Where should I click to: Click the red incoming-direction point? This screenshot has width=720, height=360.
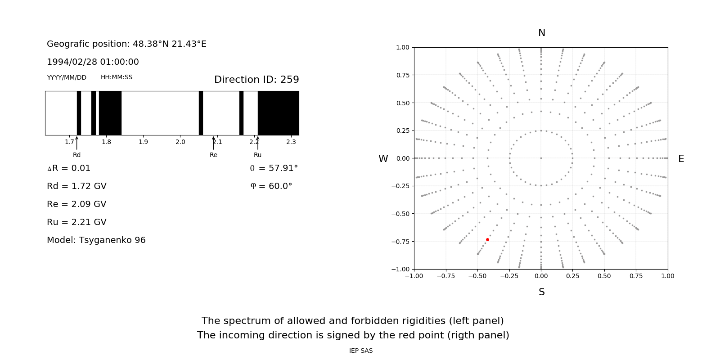point(487,240)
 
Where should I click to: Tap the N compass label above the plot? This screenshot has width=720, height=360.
point(542,33)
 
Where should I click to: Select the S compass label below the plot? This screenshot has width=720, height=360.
point(542,292)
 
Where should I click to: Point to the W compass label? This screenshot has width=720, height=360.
point(383,159)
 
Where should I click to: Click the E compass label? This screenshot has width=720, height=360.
point(681,159)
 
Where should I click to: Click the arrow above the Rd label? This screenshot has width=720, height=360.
point(77,143)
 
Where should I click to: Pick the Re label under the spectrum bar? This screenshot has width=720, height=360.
point(213,155)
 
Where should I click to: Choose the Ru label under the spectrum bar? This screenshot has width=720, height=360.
point(257,155)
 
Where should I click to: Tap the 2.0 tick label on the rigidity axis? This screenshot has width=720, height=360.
point(180,142)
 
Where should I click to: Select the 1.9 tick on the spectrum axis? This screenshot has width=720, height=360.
point(143,142)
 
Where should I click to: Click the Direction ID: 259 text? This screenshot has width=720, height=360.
point(256,80)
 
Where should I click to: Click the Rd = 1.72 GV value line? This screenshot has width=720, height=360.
point(76,186)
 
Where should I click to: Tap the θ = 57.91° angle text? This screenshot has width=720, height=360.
point(274,168)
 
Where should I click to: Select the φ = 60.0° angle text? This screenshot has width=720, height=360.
point(271,186)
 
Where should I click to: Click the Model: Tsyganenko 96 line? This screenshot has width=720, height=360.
point(96,240)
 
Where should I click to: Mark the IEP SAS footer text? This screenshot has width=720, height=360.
point(361,351)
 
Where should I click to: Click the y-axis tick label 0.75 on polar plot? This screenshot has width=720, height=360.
point(402,75)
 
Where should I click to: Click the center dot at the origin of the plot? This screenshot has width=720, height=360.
point(541,158)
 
